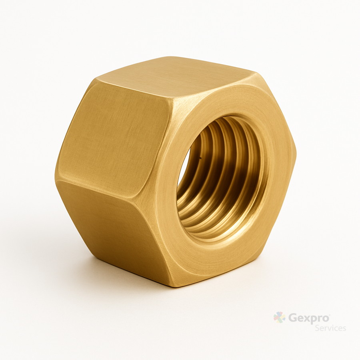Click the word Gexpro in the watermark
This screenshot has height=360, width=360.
[308, 318]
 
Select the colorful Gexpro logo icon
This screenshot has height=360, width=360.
[280, 318]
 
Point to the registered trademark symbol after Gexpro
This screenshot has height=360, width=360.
[329, 314]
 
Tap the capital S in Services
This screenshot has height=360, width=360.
[317, 328]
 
